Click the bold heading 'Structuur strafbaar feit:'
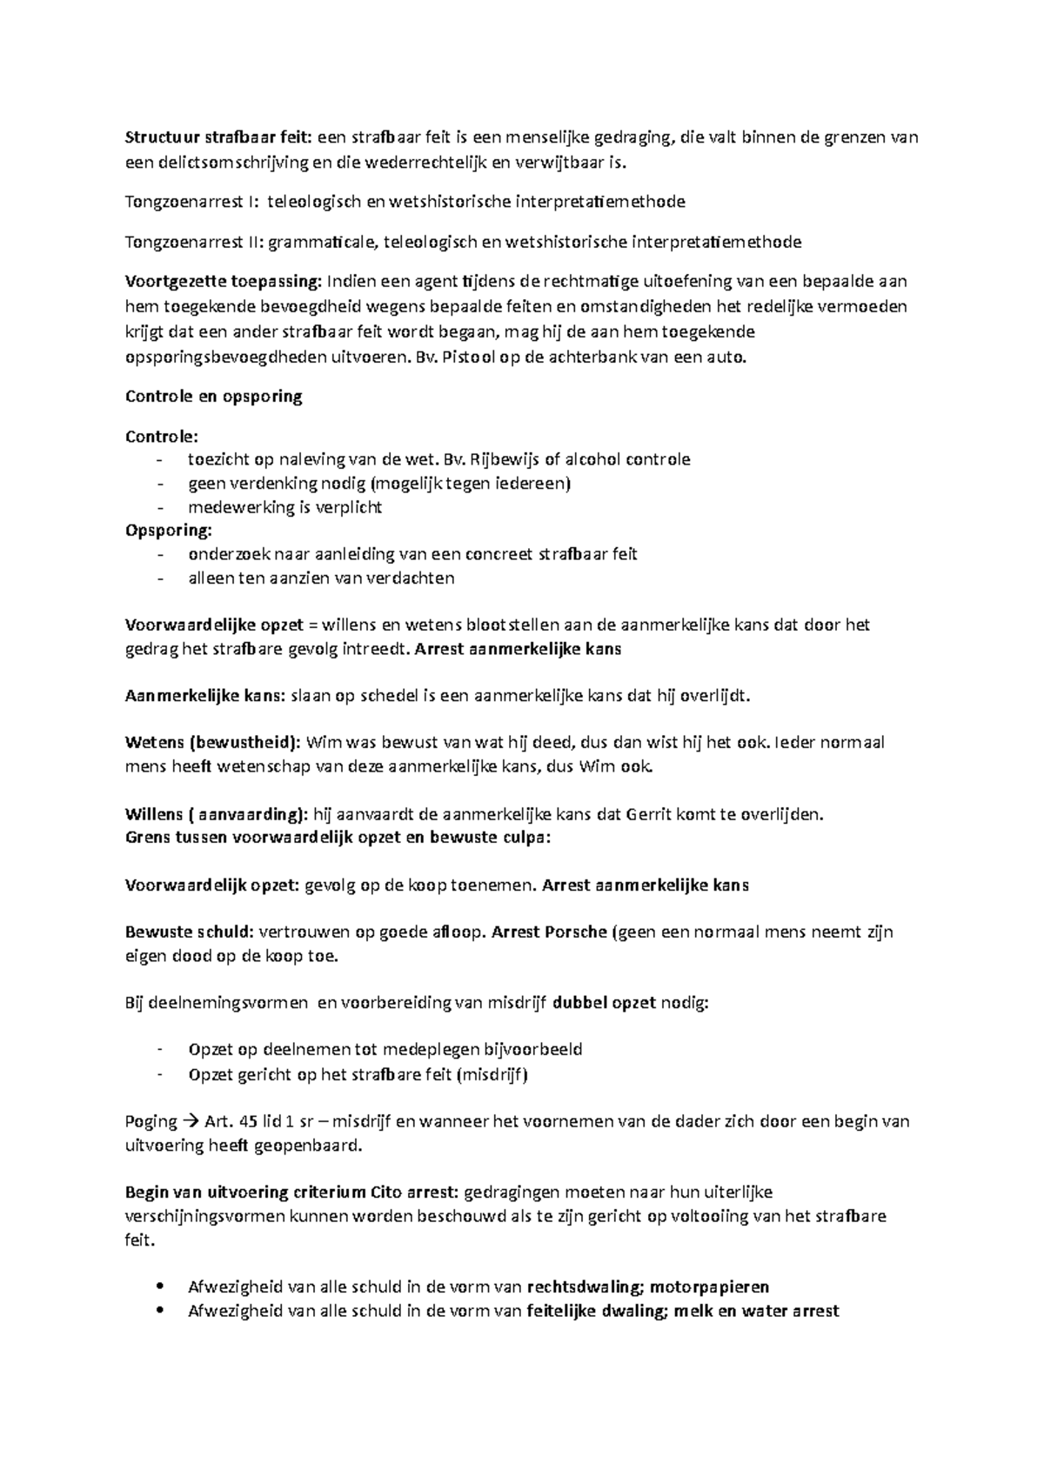[218, 137]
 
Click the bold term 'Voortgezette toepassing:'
[223, 282]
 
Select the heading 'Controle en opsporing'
[213, 397]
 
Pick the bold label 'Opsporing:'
[168, 531]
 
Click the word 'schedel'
[387, 696]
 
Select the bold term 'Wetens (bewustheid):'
[213, 743]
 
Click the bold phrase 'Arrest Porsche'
[549, 932]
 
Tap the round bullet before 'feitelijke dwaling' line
[157, 1311]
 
